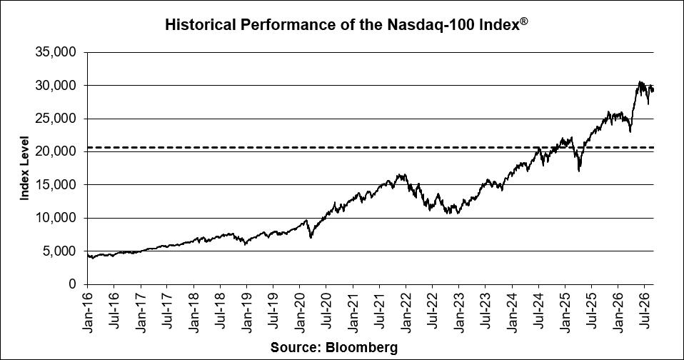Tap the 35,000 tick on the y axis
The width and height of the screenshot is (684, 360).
56,52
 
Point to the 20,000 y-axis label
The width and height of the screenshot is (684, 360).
56,152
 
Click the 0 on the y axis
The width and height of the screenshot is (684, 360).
73,284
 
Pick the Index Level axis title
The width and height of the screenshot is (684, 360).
24,169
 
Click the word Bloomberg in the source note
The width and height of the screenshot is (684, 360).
361,348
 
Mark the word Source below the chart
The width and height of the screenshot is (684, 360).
296,348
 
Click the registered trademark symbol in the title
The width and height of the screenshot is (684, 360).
523,21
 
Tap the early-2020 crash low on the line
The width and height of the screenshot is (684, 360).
311,237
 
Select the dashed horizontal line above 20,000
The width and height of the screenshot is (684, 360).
371,147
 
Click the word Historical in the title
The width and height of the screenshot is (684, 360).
200,24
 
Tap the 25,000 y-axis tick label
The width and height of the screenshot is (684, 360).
56,119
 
